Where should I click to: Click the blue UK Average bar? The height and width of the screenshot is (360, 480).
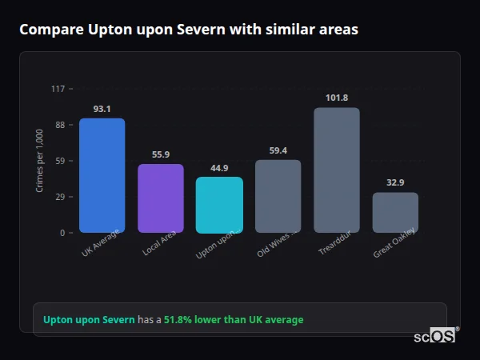[102, 175]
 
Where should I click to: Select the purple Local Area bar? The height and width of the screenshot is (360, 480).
[161, 198]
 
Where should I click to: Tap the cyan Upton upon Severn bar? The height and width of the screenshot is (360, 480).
[219, 205]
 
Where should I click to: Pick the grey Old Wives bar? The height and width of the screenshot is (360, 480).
[278, 196]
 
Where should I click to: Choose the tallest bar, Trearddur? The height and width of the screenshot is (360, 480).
[337, 170]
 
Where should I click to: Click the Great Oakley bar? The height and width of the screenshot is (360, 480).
[395, 212]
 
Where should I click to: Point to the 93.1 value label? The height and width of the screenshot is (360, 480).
[102, 109]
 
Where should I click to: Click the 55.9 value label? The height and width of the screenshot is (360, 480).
[161, 154]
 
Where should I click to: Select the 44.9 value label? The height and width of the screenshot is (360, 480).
[219, 168]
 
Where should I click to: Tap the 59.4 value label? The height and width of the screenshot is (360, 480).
[278, 150]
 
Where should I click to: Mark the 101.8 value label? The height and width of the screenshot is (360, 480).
[337, 98]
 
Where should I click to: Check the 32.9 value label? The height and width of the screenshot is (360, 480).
[395, 182]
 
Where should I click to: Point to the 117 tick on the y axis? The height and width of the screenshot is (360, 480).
[58, 89]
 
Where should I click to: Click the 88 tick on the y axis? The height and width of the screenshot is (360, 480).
[59, 125]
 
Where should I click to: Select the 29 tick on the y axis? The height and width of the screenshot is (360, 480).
[59, 197]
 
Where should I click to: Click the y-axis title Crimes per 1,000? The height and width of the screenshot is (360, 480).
[39, 161]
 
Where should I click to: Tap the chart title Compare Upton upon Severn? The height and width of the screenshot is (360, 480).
[189, 30]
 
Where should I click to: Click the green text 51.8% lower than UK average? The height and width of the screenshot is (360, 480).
[234, 320]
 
